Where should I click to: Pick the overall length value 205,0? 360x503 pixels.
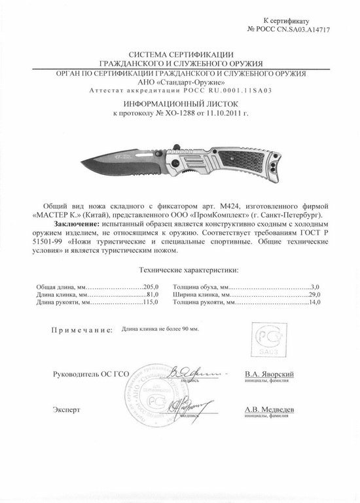click(x=152, y=286)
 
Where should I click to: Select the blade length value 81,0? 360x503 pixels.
click(x=153, y=295)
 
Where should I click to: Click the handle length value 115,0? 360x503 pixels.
click(x=152, y=305)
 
